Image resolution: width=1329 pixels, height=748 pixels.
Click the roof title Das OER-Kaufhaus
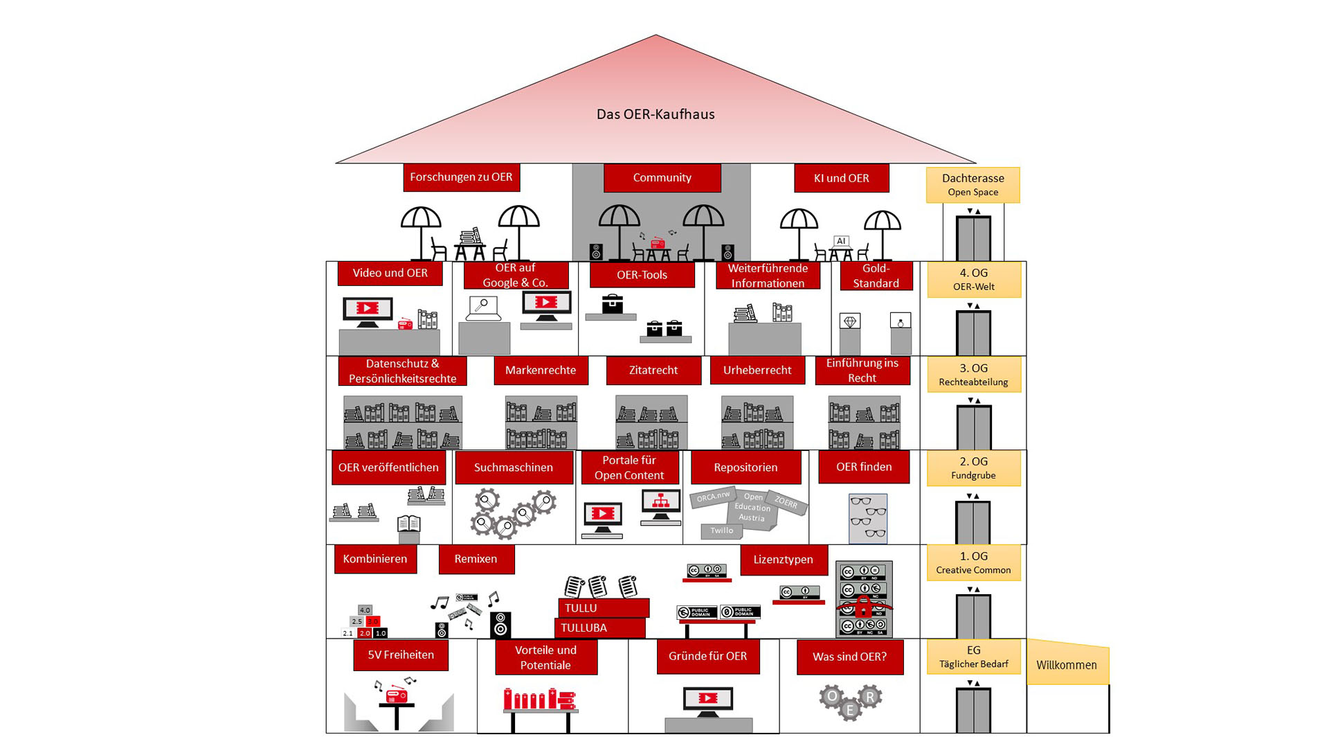[656, 114]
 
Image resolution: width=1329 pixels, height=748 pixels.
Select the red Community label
[662, 178]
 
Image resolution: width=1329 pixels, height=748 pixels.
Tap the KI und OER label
[841, 178]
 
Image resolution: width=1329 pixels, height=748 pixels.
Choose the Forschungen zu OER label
[461, 177]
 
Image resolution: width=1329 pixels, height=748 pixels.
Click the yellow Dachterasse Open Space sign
[973, 184]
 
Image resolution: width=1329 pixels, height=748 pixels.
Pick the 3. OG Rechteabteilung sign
[973, 374]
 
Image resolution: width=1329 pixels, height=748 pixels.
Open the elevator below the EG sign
[973, 709]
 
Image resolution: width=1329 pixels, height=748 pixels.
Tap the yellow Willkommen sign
[1067, 665]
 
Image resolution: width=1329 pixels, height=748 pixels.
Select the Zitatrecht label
[653, 370]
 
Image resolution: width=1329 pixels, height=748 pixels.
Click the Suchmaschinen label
[513, 467]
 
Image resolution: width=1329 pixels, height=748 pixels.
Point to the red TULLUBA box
[599, 628]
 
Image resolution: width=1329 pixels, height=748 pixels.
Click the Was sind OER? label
[849, 657]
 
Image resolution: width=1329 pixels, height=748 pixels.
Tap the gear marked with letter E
[850, 709]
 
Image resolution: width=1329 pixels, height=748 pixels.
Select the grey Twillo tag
[721, 531]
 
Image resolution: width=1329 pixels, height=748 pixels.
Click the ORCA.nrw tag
[713, 497]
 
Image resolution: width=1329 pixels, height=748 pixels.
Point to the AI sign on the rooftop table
[841, 241]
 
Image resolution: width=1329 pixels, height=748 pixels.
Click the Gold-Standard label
[876, 276]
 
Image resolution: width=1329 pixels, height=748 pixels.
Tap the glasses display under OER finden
[868, 518]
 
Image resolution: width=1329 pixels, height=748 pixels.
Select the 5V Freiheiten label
[401, 655]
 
